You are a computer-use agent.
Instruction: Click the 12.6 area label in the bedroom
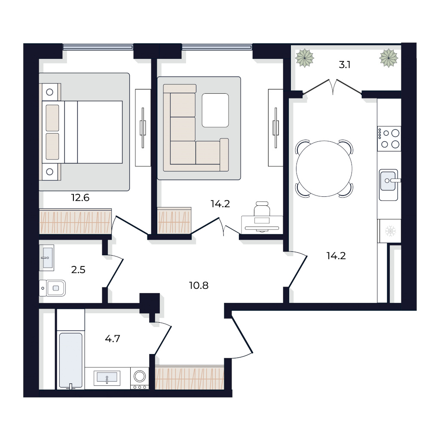pos(80,198)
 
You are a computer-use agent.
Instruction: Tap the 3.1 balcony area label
pos(345,65)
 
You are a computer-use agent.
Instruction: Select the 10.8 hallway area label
pos(199,286)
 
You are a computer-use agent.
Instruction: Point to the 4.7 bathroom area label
pos(113,339)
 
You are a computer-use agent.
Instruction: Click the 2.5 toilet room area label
pos(78,270)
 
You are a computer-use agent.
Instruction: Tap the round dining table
pos(324,168)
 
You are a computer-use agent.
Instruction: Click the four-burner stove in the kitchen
pos(389,139)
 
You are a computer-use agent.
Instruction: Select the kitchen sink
pos(388,185)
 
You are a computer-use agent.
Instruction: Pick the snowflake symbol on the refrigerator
pos(390,231)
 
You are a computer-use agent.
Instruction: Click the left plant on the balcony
pos(305,58)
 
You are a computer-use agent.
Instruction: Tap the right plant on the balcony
pos(388,58)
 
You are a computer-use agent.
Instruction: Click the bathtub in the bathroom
pos(71,361)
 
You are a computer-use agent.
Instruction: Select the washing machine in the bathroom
pos(140,378)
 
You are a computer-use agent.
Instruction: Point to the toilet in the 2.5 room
pos(52,288)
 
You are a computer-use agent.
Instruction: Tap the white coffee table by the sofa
pos(215,110)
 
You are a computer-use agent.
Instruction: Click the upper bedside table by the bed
pos(50,92)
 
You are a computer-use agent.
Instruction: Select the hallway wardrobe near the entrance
pos(189,377)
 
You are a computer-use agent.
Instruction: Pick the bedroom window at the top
pos(98,47)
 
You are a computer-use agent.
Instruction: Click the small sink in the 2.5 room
pos(46,258)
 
